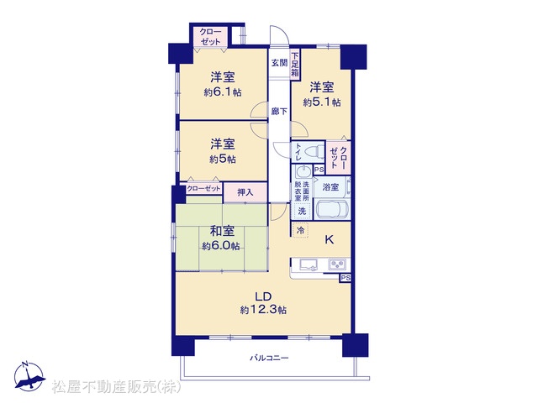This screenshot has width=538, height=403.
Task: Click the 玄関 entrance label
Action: pyautogui.click(x=279, y=63)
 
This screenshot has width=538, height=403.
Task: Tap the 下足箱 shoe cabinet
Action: pyautogui.click(x=295, y=65)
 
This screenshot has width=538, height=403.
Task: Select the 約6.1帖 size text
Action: pyautogui.click(x=222, y=92)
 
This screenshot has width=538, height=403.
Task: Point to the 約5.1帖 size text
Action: pyautogui.click(x=321, y=102)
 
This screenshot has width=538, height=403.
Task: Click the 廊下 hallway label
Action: pyautogui.click(x=279, y=112)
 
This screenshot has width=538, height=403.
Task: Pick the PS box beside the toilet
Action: pyautogui.click(x=319, y=170)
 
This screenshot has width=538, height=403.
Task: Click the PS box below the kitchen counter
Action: pyautogui.click(x=345, y=278)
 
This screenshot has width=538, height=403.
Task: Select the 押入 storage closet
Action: pyautogui.click(x=245, y=192)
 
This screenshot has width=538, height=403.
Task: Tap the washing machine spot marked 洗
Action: pyautogui.click(x=302, y=211)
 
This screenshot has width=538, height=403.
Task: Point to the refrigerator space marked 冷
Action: pyautogui.click(x=300, y=230)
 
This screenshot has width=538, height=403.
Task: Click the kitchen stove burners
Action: pyautogui.click(x=338, y=264)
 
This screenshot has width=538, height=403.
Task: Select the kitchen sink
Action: pyautogui.click(x=309, y=264)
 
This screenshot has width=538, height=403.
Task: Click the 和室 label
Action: pyautogui.click(x=222, y=232)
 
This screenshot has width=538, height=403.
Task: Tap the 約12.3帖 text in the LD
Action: pyautogui.click(x=263, y=310)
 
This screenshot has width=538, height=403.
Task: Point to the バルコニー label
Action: pyautogui.click(x=269, y=359)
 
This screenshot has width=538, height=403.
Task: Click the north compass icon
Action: pyautogui.click(x=29, y=377)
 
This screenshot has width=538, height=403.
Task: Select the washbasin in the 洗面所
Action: pyautogui.click(x=303, y=171)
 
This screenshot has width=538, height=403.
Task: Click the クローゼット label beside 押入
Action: pyautogui.click(x=203, y=189)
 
